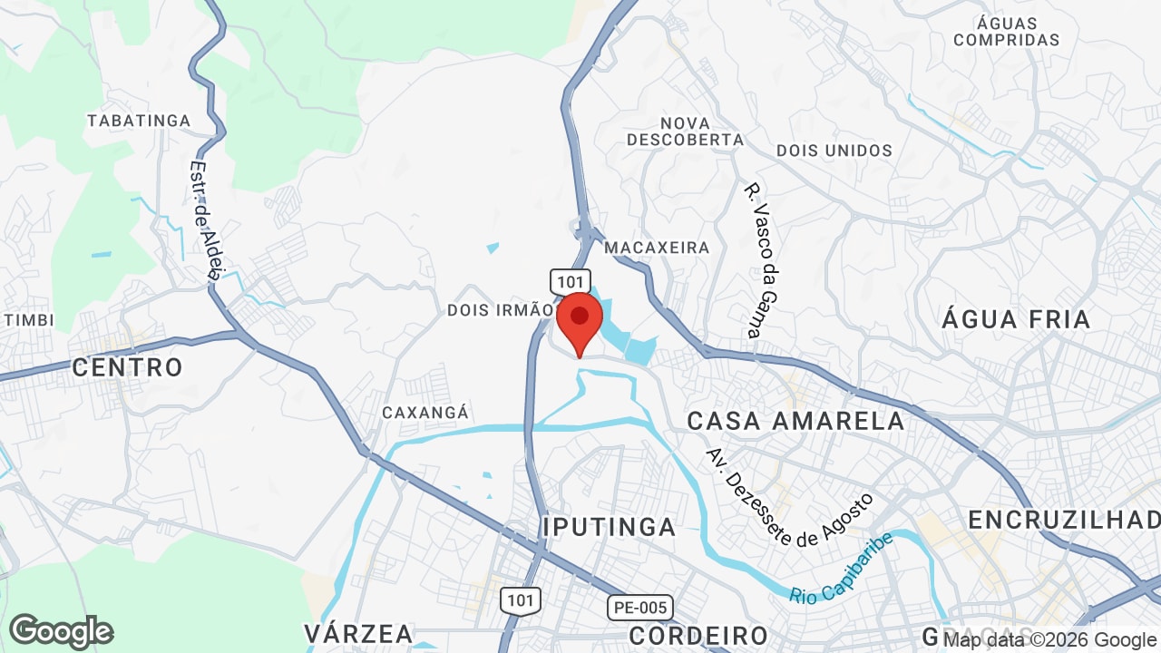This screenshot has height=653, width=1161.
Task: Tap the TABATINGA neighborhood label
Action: (139, 121)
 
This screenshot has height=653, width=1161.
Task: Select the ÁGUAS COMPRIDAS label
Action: (1006, 31)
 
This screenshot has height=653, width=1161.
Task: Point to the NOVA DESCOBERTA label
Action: (685, 132)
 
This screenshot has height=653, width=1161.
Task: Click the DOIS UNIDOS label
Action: (834, 151)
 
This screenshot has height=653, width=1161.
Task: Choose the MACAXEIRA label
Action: (657, 248)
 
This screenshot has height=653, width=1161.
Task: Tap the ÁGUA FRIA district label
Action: (1016, 319)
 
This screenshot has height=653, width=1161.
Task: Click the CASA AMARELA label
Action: (795, 421)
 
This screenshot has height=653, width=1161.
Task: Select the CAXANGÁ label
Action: (425, 413)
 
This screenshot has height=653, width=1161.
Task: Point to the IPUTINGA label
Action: (610, 527)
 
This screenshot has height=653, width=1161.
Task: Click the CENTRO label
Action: (127, 367)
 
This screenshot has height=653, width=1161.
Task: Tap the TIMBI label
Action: (29, 320)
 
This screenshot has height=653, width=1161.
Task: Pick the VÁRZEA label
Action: (359, 633)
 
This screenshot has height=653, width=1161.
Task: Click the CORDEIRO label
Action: (698, 635)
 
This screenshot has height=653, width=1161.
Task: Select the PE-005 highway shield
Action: (639, 608)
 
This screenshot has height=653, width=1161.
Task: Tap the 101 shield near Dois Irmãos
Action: (570, 281)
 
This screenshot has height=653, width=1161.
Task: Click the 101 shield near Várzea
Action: (521, 599)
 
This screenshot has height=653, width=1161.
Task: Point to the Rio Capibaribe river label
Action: (840, 570)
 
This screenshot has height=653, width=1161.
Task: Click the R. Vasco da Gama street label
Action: (763, 261)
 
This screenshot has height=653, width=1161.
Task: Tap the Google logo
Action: (61, 631)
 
